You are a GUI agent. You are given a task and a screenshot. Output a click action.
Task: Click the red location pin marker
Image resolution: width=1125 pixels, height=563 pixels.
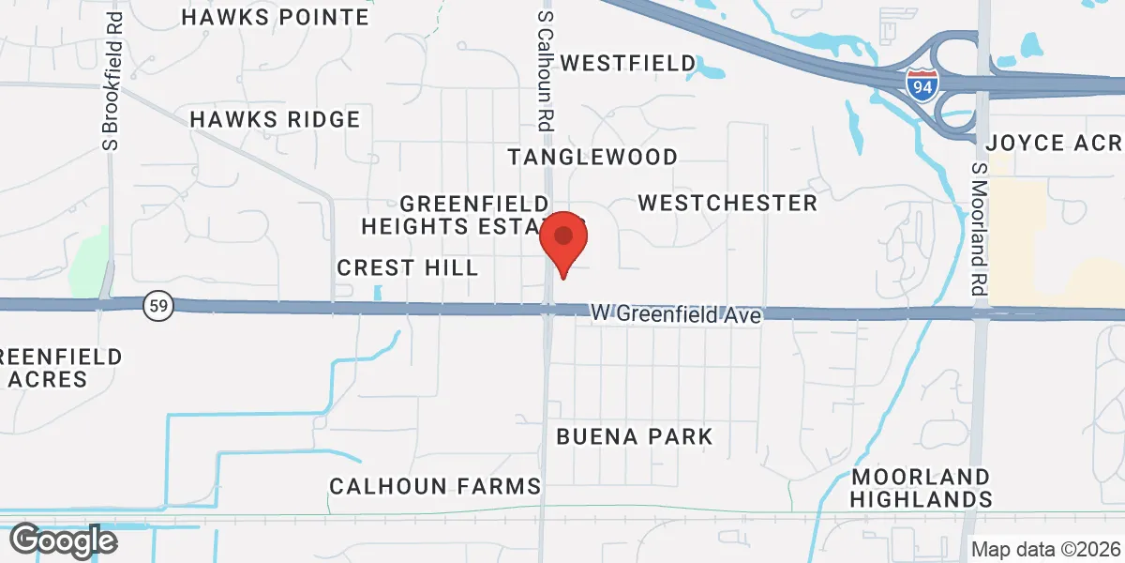pyautogui.click(x=563, y=240)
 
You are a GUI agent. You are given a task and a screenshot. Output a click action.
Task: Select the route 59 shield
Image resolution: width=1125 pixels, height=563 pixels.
pyautogui.click(x=157, y=305)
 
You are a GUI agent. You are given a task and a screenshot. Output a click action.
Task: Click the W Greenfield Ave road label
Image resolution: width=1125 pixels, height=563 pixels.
pyautogui.click(x=676, y=315)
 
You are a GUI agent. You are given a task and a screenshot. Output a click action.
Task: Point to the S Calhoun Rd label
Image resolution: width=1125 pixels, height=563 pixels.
pyautogui.click(x=545, y=70)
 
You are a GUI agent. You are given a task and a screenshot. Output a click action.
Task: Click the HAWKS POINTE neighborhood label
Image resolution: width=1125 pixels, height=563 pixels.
pyautogui.click(x=276, y=17)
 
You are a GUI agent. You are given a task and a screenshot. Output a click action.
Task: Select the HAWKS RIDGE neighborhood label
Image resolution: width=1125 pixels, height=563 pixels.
pyautogui.click(x=275, y=119)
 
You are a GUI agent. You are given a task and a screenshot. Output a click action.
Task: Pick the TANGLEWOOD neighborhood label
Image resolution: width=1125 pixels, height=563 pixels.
pyautogui.click(x=592, y=156)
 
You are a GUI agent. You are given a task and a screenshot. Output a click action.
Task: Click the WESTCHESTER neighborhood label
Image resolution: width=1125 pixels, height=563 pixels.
pyautogui.click(x=727, y=203)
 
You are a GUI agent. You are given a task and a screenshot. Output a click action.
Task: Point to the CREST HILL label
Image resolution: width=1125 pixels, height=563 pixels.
pyautogui.click(x=408, y=267)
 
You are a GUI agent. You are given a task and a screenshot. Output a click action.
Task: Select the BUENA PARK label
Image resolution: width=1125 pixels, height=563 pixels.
pyautogui.click(x=635, y=436)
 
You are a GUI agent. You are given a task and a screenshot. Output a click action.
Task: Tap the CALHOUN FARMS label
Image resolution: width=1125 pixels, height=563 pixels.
pyautogui.click(x=435, y=485)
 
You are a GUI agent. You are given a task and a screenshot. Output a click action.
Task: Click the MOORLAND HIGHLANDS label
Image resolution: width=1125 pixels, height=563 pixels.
pyautogui.click(x=922, y=488)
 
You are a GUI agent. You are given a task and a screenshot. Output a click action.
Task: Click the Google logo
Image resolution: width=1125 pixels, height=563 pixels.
pyautogui.click(x=63, y=540)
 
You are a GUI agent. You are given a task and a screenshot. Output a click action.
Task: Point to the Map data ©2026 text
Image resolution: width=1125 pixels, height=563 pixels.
pyautogui.click(x=1044, y=549)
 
